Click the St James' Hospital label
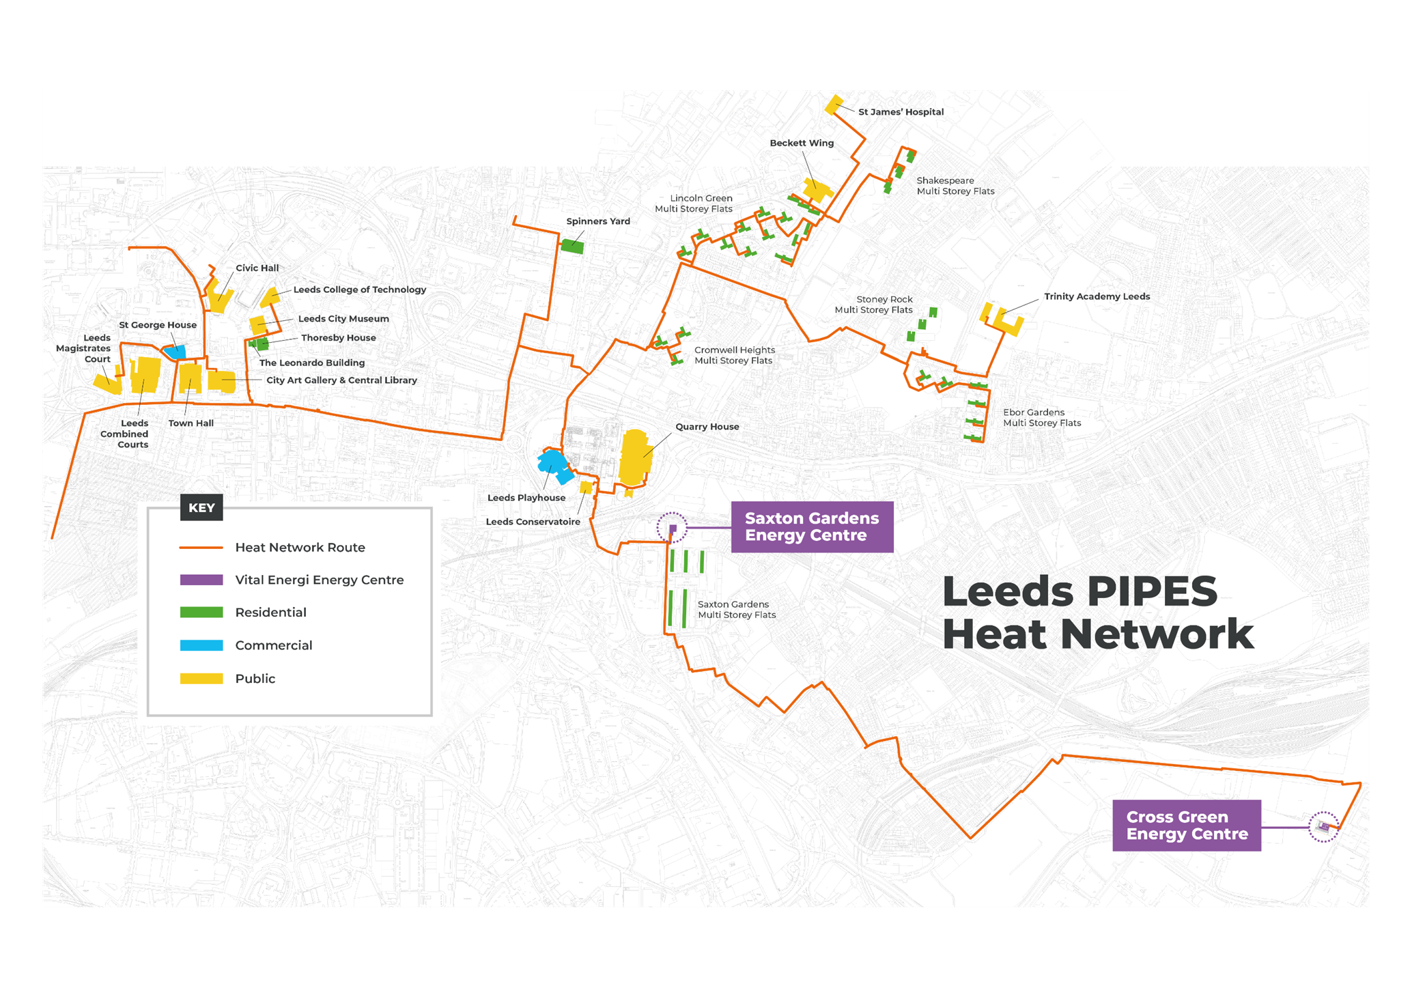tap(901, 112)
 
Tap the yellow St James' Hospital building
tap(834, 104)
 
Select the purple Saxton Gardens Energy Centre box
tap(812, 527)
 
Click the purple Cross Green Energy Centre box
tap(1187, 826)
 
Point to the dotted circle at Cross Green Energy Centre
tap(1323, 827)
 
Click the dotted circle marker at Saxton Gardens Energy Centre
tap(672, 528)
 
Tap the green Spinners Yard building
tap(572, 246)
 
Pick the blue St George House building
tap(175, 352)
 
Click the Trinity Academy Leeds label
tap(1097, 296)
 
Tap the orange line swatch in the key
tap(201, 548)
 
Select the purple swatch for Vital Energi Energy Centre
tap(201, 580)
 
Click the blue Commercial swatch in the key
tap(201, 645)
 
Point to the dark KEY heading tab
tap(201, 507)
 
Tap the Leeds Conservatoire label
tap(533, 522)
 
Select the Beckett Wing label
tap(802, 143)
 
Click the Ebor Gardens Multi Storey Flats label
tap(1042, 418)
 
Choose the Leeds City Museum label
tap(343, 319)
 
